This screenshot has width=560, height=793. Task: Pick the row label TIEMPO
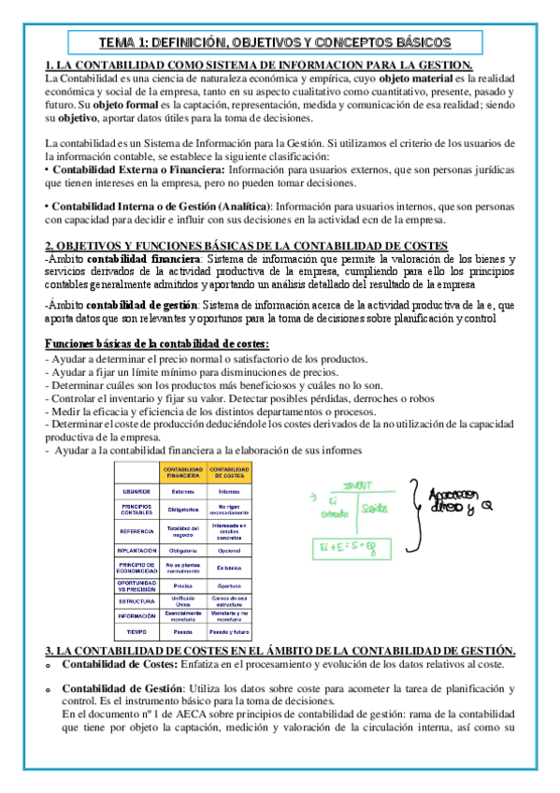pyautogui.click(x=137, y=631)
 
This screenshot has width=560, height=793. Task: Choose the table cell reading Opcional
pyautogui.click(x=229, y=551)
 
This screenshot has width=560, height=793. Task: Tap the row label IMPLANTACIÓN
pyautogui.click(x=137, y=551)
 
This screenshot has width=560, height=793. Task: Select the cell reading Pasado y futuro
pyautogui.click(x=229, y=631)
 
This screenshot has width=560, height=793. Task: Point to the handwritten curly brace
pyautogui.click(x=409, y=509)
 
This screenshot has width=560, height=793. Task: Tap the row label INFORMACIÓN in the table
pyautogui.click(x=137, y=617)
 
